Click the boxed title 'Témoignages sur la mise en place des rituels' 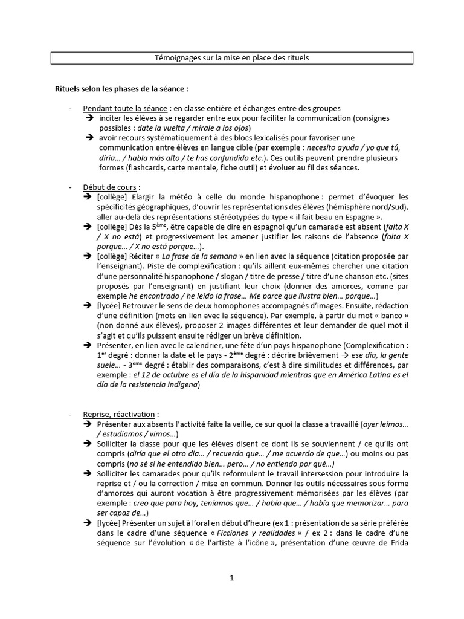pos(232,58)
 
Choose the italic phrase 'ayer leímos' pos(386,425)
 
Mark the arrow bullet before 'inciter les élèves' pos(88,118)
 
